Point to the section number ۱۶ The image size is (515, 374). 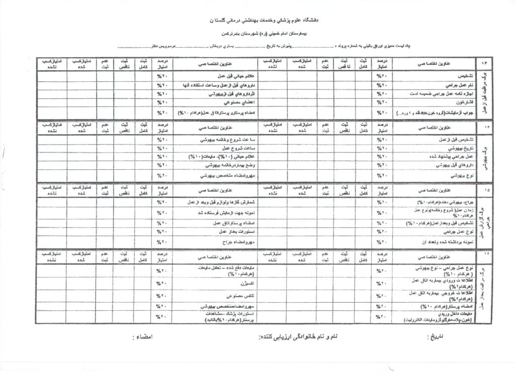[485, 257]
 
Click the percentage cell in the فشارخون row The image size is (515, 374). [381, 103]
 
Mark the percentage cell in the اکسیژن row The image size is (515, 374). [161, 284]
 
